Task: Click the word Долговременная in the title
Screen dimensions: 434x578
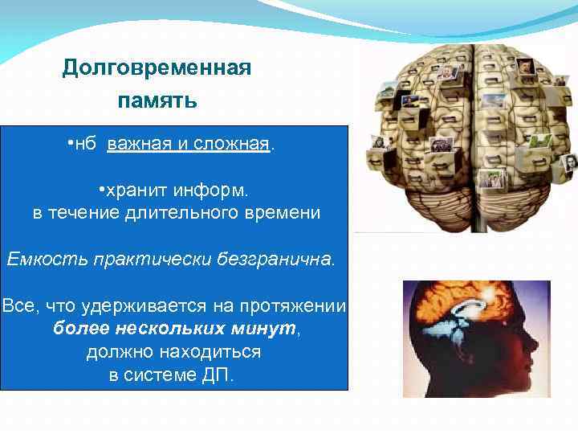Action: [157, 68]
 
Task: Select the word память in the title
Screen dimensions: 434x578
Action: [157, 102]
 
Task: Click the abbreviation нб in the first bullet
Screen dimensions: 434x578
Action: [86, 145]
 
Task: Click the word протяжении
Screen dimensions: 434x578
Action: [295, 306]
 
